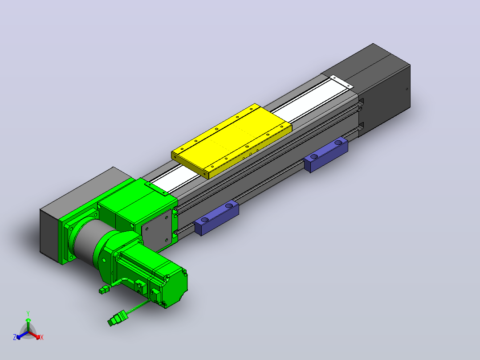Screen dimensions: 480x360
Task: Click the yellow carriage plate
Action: (x=232, y=141)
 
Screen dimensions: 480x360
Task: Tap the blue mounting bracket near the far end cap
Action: (x=326, y=155)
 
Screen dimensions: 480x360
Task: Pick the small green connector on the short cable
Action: (x=104, y=289)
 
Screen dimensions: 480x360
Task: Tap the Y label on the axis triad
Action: (x=28, y=313)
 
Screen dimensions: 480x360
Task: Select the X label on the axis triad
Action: (x=42, y=337)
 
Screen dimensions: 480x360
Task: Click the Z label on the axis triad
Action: (x=15, y=337)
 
